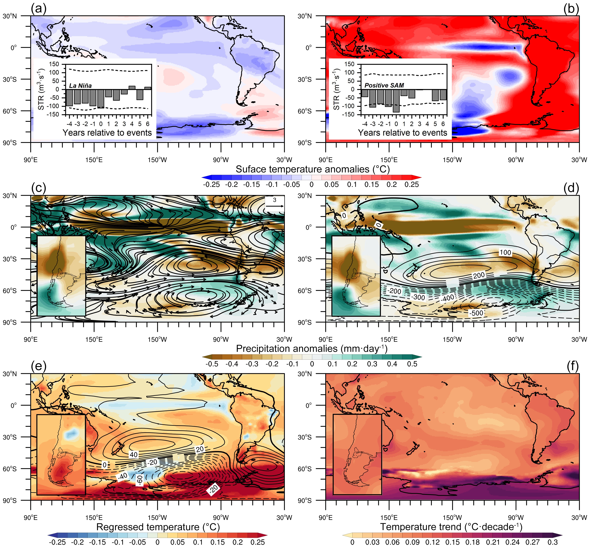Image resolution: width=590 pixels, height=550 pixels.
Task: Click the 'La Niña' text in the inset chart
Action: (80, 86)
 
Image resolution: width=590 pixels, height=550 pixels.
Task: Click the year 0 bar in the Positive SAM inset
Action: (396, 101)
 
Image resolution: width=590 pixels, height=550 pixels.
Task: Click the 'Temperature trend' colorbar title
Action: (451, 527)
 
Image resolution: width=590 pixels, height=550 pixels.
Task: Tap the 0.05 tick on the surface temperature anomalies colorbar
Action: (331, 184)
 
